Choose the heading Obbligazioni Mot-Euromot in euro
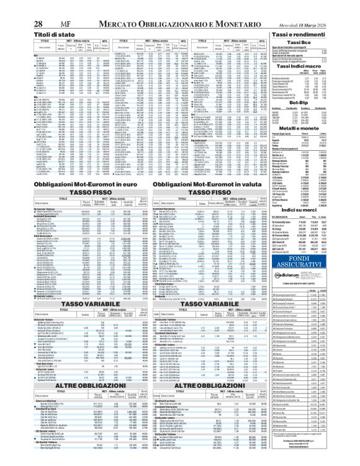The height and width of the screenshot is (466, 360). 66,186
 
